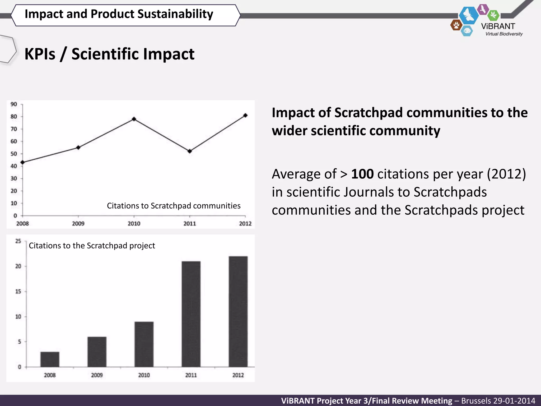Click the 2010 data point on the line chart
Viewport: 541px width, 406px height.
click(x=134, y=119)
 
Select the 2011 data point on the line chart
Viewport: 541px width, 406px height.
click(x=190, y=151)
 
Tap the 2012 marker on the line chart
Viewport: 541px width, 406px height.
click(x=245, y=115)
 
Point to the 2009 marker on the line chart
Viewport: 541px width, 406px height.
click(x=78, y=147)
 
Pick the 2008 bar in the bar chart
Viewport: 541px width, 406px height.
click(x=50, y=359)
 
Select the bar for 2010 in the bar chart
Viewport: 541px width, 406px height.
click(x=144, y=344)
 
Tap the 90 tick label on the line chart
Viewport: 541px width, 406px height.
click(x=14, y=104)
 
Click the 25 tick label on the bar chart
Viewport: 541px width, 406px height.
click(x=18, y=241)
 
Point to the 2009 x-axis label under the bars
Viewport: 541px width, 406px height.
click(x=97, y=375)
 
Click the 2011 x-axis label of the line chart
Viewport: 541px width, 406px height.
click(x=190, y=224)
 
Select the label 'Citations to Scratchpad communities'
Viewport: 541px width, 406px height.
click(x=174, y=206)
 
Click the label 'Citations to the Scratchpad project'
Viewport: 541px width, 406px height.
click(x=92, y=246)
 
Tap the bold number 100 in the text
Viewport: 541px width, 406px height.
click(x=362, y=174)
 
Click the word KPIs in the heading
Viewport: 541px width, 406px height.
click(x=40, y=54)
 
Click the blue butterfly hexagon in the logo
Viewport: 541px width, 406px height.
click(x=469, y=15)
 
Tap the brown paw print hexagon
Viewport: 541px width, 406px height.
click(x=456, y=25)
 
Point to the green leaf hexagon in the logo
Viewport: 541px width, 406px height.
click(x=493, y=15)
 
